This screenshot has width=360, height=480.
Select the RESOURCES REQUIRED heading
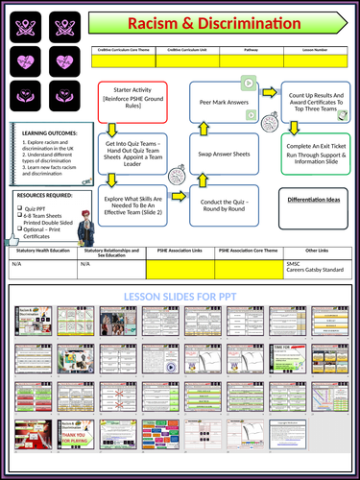point(43,195)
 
